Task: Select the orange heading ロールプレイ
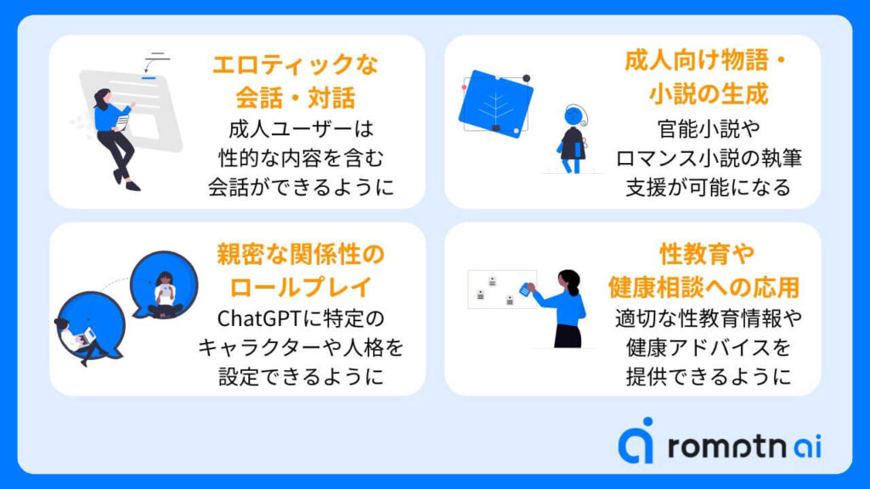(300, 287)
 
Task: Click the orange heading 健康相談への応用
(704, 287)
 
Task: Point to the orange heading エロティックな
(296, 65)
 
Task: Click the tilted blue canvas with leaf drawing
(495, 104)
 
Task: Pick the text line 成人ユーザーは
(301, 130)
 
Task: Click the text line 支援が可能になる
(708, 188)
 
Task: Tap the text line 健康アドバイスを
(708, 347)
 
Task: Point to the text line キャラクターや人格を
(301, 347)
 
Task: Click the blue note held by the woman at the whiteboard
(525, 289)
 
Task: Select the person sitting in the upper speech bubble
(165, 295)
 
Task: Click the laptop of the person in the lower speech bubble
(88, 336)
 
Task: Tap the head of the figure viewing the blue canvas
(574, 115)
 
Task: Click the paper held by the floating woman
(122, 123)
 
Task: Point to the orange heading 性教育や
(707, 255)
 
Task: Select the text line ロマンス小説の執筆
(708, 159)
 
